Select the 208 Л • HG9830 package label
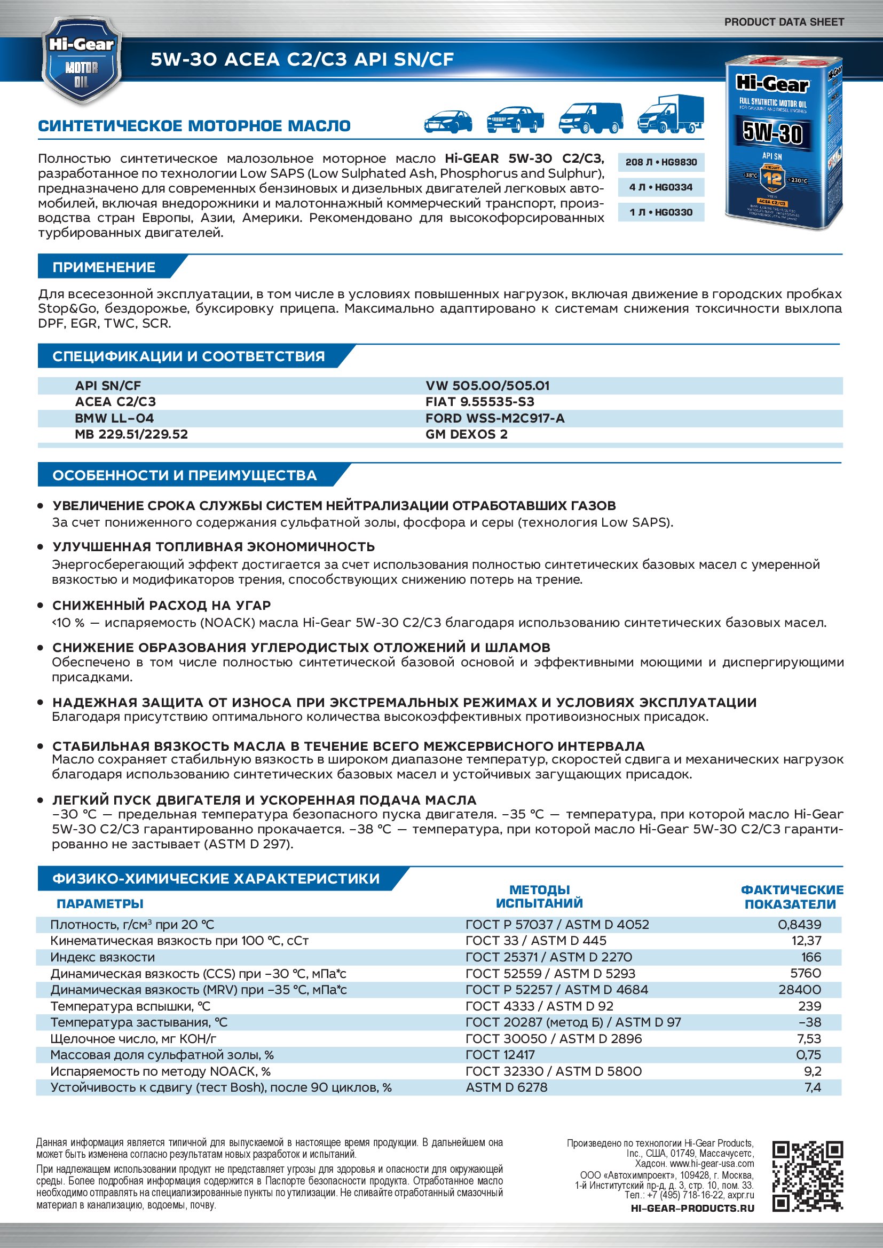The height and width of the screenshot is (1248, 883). (660, 162)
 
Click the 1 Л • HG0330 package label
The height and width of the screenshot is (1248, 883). (660, 212)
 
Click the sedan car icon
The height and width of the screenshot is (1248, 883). (447, 121)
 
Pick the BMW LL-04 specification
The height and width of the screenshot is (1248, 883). (114, 418)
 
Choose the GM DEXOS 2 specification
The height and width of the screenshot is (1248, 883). (467, 434)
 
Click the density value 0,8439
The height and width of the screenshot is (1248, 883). (799, 924)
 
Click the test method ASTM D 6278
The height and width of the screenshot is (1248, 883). (506, 1087)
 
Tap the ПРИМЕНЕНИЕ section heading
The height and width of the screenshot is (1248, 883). (104, 267)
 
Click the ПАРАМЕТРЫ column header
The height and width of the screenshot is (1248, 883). (100, 903)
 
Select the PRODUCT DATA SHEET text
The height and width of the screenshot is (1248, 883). (784, 22)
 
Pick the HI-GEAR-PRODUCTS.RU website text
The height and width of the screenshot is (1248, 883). (692, 1208)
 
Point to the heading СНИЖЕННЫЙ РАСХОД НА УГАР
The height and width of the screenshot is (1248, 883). (161, 605)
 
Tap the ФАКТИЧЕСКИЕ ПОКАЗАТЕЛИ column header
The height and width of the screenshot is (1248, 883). (791, 897)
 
